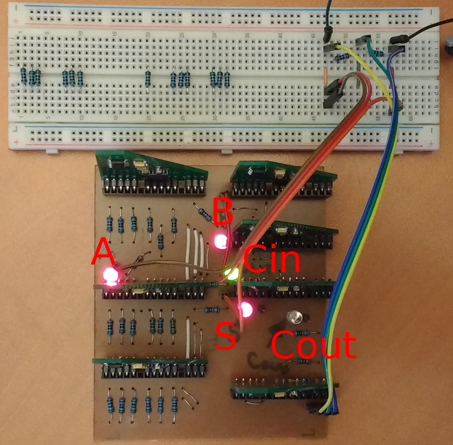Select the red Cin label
pyautogui.click(x=271, y=260)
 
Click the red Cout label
pyautogui.click(x=313, y=345)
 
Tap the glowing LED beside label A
pyautogui.click(x=111, y=276)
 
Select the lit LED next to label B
pyautogui.click(x=220, y=242)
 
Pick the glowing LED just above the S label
pyautogui.click(x=245, y=309)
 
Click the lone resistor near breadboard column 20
pyautogui.click(x=147, y=80)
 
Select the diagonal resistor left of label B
pyautogui.click(x=204, y=215)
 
